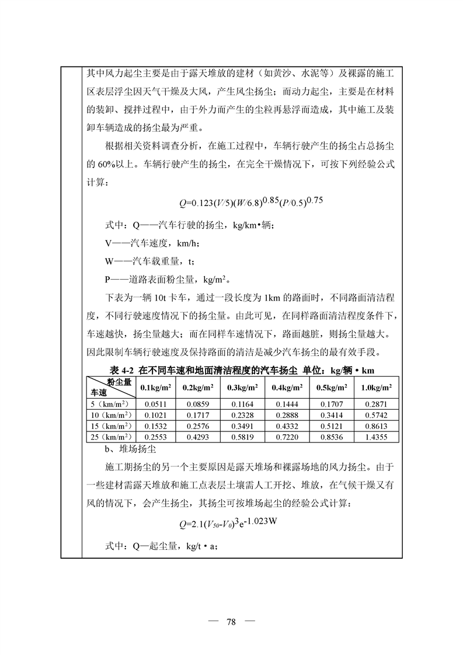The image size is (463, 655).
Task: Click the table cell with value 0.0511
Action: (153, 404)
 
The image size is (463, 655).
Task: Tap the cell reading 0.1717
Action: (198, 415)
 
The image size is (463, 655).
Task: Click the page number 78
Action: (231, 621)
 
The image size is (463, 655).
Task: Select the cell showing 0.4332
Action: (286, 426)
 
